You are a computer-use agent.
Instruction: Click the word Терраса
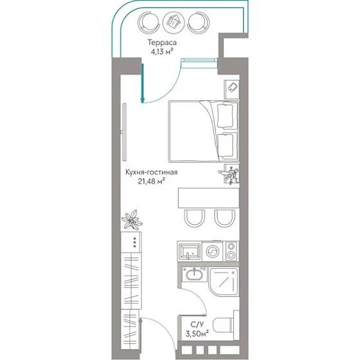coord(162,42)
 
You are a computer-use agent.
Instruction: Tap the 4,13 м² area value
coord(161,51)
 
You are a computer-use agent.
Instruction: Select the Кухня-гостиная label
coord(151,172)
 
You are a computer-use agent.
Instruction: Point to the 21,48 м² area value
coord(151,181)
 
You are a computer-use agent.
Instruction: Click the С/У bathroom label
coord(197,325)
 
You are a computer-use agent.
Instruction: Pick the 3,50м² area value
coord(197,334)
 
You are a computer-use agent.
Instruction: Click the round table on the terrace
coord(174,22)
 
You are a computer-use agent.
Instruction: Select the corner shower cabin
coord(224,282)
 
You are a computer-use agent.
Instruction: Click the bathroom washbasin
coord(194,274)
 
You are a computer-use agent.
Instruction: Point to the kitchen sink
coord(190,251)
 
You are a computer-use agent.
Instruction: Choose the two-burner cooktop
coord(231,251)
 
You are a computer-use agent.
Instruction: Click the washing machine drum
coord(213,251)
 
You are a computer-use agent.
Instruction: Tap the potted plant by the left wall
coord(132,220)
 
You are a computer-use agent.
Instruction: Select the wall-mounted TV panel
coord(124,132)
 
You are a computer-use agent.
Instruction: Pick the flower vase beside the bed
coord(230,174)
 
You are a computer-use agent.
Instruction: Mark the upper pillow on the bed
coord(225,115)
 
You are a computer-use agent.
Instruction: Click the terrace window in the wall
coord(199,60)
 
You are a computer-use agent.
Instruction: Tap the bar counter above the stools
coord(208,198)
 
